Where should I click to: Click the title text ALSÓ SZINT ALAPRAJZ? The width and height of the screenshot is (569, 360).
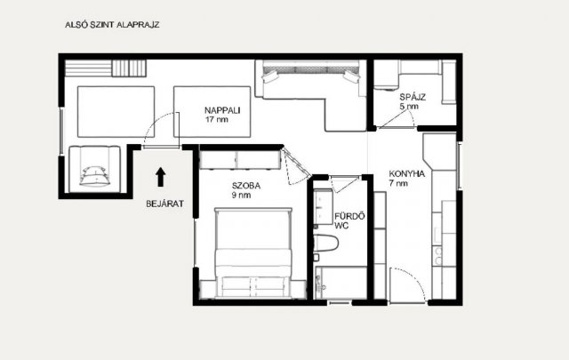coord(112,25)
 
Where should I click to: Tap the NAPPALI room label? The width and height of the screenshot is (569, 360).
coord(222,110)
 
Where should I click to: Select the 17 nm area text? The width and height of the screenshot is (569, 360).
coord(217,119)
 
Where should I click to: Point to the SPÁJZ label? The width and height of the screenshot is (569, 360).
coord(413,97)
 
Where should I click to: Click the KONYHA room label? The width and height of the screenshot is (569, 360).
coord(407,174)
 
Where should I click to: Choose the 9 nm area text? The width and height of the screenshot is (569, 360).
coord(241,196)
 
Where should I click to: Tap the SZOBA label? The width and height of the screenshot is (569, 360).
coord(246,186)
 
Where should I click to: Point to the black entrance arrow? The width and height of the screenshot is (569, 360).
coord(160,177)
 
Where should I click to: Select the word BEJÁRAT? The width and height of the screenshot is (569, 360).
coord(164,204)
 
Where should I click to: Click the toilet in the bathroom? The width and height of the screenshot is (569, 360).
coord(325,243)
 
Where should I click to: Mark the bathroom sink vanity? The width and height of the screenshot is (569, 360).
coord(323,206)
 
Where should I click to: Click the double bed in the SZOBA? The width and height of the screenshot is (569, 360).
coord(253,252)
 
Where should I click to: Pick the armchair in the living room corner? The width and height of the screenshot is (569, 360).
coord(94,169)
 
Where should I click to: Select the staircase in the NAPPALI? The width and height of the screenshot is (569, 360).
coord(106,68)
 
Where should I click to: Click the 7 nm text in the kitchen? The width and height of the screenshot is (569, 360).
coord(398,183)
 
